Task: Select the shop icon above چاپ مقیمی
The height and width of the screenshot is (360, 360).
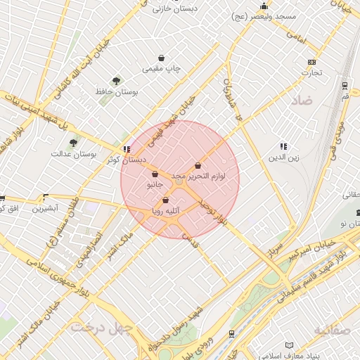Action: click(x=162, y=58)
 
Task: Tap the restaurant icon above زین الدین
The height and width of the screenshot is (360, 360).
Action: click(x=283, y=146)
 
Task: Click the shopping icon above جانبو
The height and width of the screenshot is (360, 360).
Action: click(x=155, y=174)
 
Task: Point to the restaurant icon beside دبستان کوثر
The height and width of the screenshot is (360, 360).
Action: click(x=126, y=149)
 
